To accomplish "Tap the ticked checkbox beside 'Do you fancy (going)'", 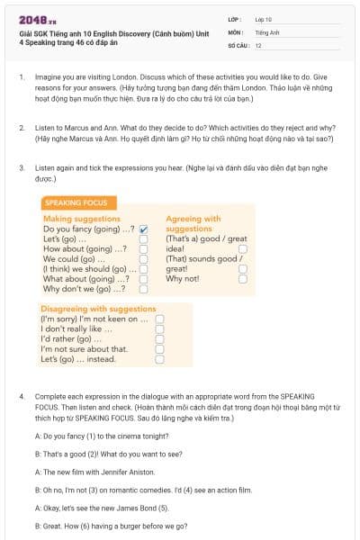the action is pyautogui.click(x=143, y=229).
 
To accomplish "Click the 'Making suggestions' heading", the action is pyautogui.click(x=81, y=219).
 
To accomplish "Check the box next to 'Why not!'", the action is pyautogui.click(x=243, y=279).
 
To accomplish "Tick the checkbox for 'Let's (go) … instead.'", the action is pyautogui.click(x=159, y=359).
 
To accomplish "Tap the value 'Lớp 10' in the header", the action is pyautogui.click(x=264, y=19).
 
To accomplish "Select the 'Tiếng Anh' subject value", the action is pyautogui.click(x=266, y=31).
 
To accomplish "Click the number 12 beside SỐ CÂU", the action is pyautogui.click(x=259, y=45).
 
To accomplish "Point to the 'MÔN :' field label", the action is pyautogui.click(x=236, y=31).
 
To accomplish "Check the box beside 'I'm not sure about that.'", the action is pyautogui.click(x=159, y=349).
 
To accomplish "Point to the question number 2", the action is pyautogui.click(x=22, y=129).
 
